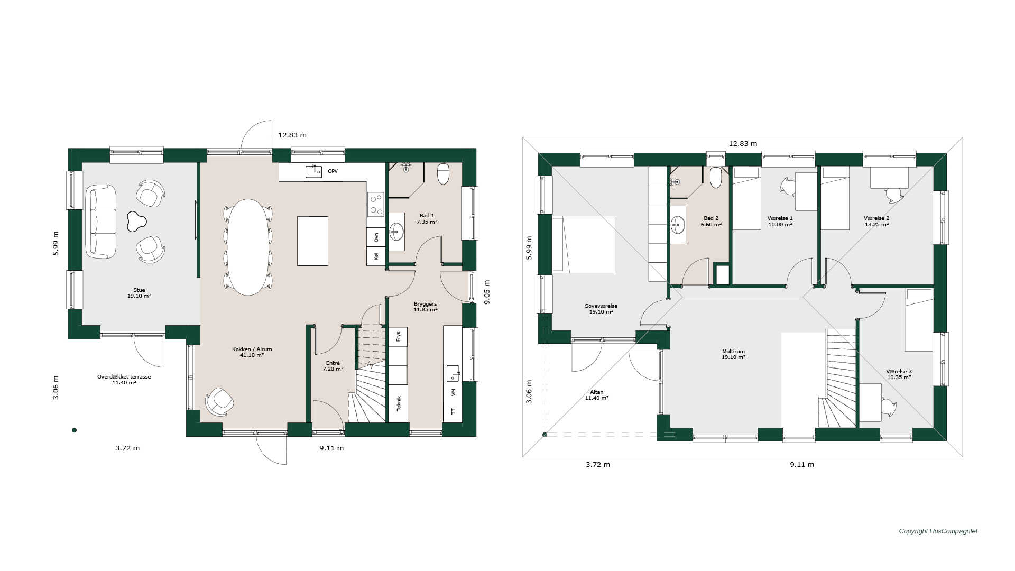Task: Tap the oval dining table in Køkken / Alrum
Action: click(x=247, y=247)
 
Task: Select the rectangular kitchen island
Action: click(x=312, y=241)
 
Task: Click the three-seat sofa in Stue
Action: click(x=101, y=222)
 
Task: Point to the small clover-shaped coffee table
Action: click(x=136, y=222)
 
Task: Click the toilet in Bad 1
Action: click(x=443, y=174)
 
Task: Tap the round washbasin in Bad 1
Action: click(x=396, y=231)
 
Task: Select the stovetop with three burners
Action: click(x=376, y=205)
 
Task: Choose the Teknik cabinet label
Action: click(x=399, y=403)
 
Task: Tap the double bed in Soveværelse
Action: click(x=584, y=244)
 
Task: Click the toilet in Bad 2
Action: click(x=716, y=178)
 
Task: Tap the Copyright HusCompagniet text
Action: click(x=938, y=531)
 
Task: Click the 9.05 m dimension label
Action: click(x=487, y=292)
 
